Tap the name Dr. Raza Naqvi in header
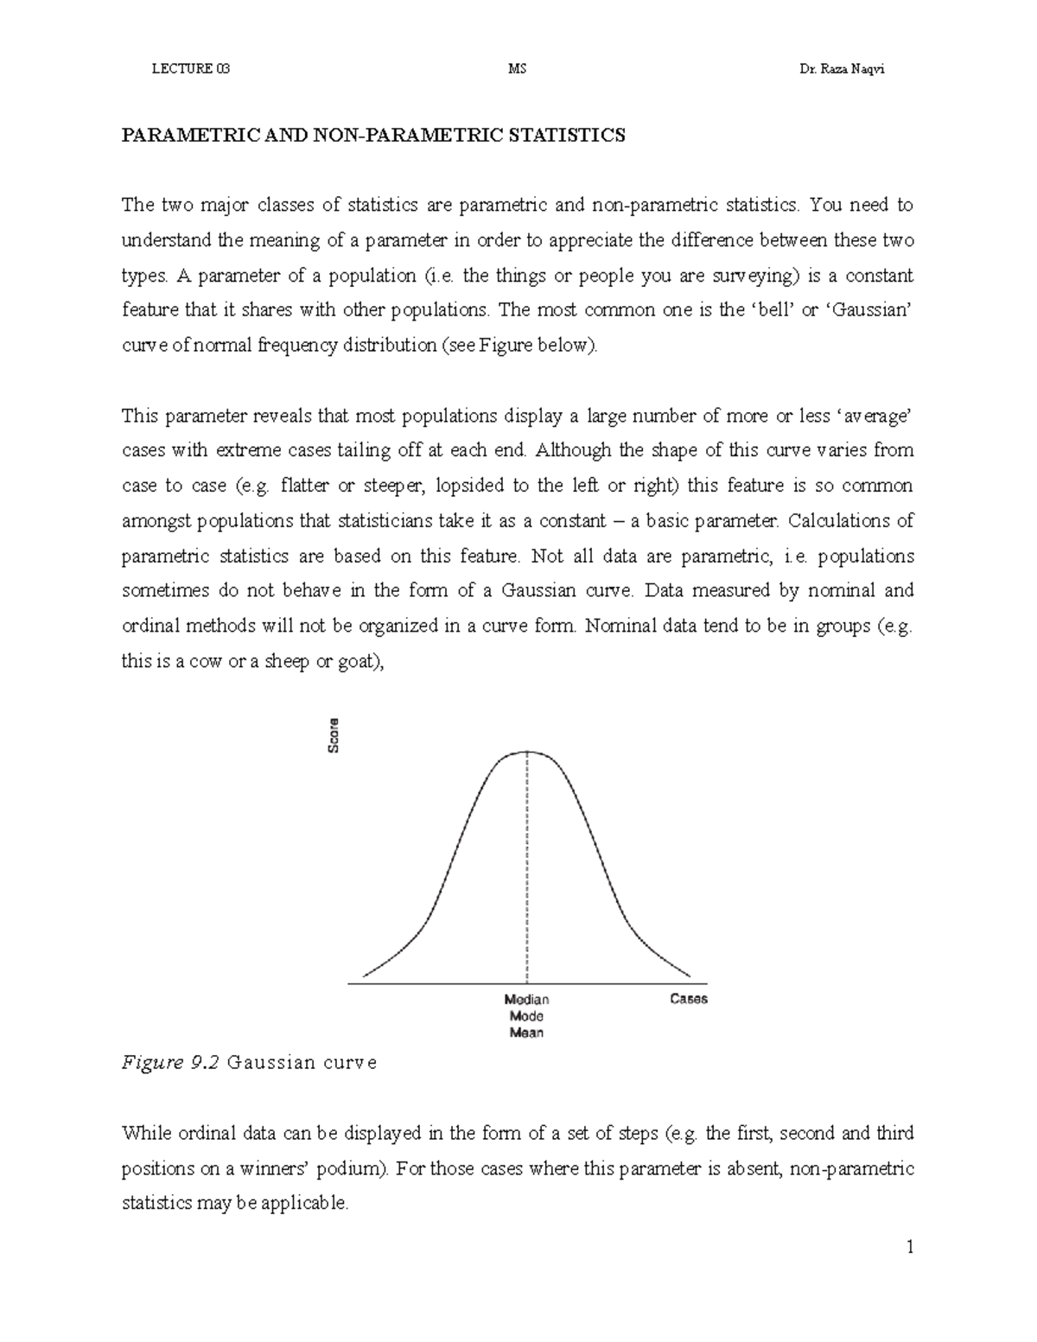coord(843,70)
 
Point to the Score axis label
coord(334,735)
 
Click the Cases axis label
coord(689,999)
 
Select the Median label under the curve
coord(526,1000)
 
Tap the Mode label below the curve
coord(526,1016)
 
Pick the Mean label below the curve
coord(526,1033)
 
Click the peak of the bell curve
coord(527,752)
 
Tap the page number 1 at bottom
coord(910,1247)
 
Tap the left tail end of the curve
coord(365,976)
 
